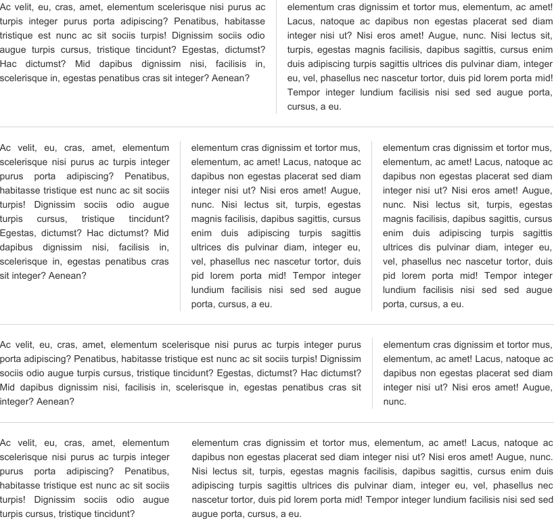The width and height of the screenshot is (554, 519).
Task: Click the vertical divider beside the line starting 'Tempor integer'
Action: (x=276, y=92)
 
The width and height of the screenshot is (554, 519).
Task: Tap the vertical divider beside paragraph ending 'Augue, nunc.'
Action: (x=372, y=373)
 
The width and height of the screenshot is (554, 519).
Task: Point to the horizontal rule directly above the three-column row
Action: (x=277, y=127)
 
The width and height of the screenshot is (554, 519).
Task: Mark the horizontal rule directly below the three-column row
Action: (x=277, y=324)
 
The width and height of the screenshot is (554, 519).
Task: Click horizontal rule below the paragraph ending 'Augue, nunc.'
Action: (x=277, y=422)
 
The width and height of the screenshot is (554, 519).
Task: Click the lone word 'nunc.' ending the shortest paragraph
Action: (x=394, y=401)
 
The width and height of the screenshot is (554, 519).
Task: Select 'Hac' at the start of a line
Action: (x=9, y=64)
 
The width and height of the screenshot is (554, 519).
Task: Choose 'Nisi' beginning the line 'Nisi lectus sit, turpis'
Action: (x=202, y=471)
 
